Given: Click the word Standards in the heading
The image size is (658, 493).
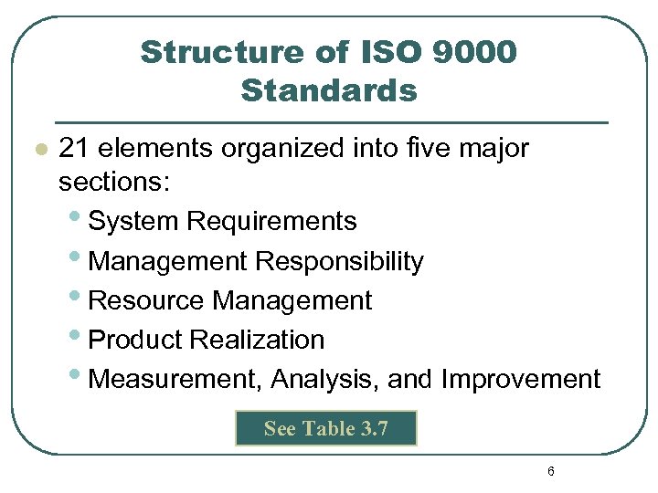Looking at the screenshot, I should coord(329,91).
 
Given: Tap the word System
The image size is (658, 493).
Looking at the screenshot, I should coord(134,221).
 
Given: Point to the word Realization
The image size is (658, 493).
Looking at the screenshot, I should coord(258,340).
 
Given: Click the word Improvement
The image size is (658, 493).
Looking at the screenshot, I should coord(521,379).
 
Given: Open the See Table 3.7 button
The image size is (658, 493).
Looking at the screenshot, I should coord(326,428).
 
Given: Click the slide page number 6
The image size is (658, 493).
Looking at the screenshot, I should coord(550,472).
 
